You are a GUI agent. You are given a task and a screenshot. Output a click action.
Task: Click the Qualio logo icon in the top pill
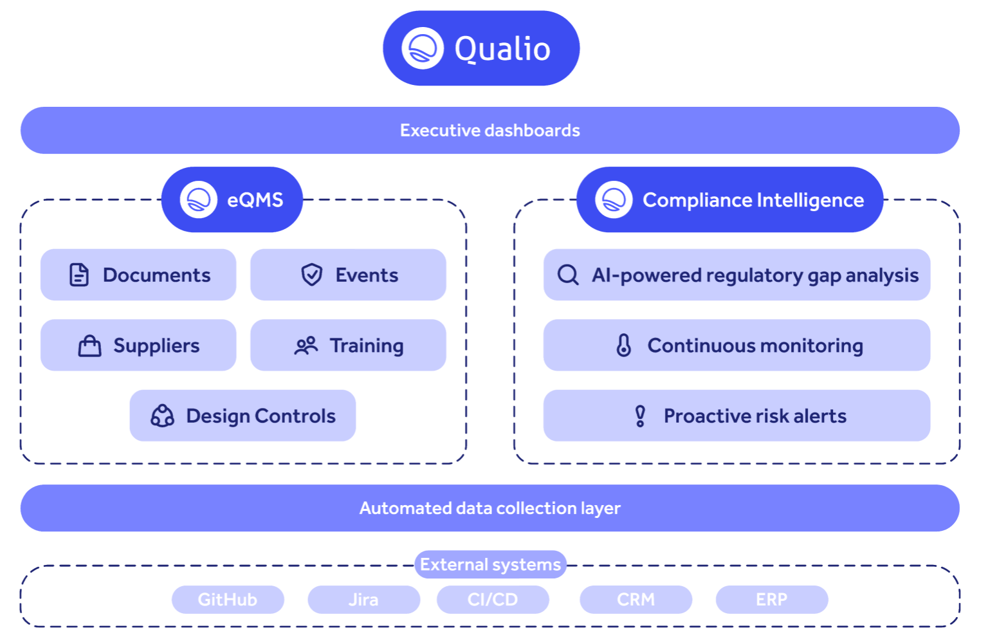pyautogui.click(x=423, y=48)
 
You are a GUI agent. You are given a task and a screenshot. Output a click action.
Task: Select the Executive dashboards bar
pyautogui.click(x=489, y=130)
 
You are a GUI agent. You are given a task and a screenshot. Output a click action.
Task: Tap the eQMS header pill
pyautogui.click(x=232, y=199)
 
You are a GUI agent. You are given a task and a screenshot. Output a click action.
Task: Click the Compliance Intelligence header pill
pyautogui.click(x=729, y=199)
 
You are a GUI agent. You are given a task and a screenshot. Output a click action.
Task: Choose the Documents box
pyautogui.click(x=138, y=275)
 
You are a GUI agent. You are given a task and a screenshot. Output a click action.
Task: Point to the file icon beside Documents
pyautogui.click(x=79, y=275)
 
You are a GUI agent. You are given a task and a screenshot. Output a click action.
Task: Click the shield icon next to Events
pyautogui.click(x=312, y=275)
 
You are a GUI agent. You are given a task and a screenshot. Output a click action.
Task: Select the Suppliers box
pyautogui.click(x=138, y=346)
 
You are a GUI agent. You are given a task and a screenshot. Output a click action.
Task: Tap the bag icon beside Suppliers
pyautogui.click(x=90, y=346)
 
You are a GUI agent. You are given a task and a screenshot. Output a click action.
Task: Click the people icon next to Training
pyautogui.click(x=306, y=346)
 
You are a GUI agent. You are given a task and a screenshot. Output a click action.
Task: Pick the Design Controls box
pyautogui.click(x=242, y=416)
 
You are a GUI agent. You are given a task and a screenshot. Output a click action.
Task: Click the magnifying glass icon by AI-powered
pyautogui.click(x=568, y=275)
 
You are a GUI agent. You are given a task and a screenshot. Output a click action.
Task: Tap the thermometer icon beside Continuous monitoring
pyautogui.click(x=623, y=346)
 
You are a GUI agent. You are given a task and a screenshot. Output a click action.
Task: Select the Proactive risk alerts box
pyautogui.click(x=736, y=416)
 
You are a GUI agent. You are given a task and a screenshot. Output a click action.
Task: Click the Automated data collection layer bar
pyautogui.click(x=489, y=508)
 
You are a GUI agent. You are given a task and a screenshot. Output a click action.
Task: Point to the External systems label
pyautogui.click(x=490, y=564)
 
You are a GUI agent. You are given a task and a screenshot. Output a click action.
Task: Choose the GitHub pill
pyautogui.click(x=228, y=600)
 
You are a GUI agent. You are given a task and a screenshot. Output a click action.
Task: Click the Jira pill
pyautogui.click(x=363, y=600)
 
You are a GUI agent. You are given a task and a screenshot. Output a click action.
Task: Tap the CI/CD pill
pyautogui.click(x=493, y=600)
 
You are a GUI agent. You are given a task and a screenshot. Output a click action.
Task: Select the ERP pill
pyautogui.click(x=771, y=600)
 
